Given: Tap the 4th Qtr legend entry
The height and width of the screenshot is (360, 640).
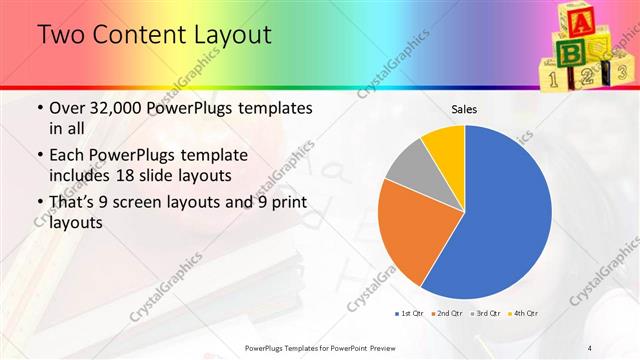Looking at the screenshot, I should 522,314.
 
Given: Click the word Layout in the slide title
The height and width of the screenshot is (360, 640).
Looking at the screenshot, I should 224,36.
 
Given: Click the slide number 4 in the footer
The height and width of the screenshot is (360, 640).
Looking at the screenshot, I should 590,347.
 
